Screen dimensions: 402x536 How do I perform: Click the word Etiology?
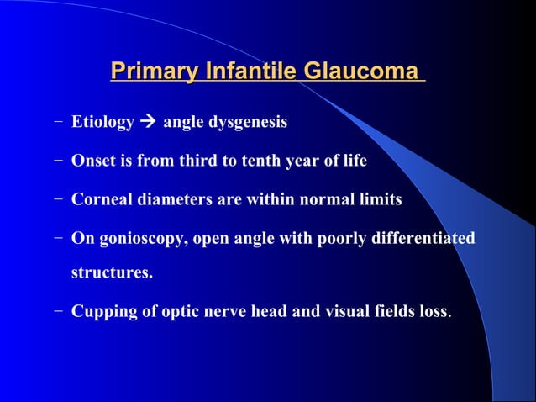tap(102, 123)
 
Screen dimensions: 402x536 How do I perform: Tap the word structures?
tap(112, 272)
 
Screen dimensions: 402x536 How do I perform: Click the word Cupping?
tap(101, 311)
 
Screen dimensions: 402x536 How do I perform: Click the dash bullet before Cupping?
tap(56, 311)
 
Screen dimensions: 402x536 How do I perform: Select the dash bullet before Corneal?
tap(56, 200)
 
